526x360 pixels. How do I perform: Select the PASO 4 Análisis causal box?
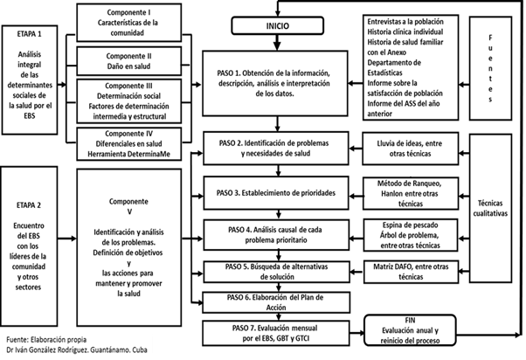click(277, 232)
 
